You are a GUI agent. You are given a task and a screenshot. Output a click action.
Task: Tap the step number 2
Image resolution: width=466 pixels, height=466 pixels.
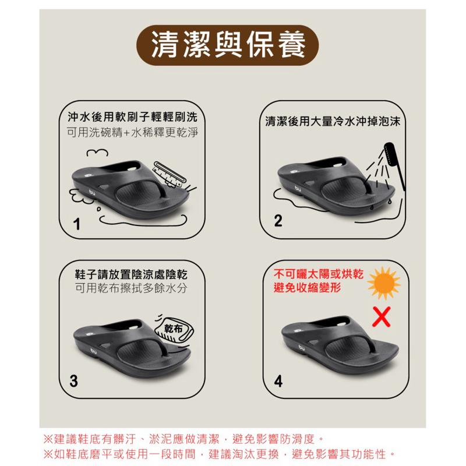pos(278,221)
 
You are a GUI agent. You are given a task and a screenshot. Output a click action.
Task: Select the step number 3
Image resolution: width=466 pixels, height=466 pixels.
pos(73,381)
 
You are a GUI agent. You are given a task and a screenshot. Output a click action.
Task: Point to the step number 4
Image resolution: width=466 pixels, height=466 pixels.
pos(278,382)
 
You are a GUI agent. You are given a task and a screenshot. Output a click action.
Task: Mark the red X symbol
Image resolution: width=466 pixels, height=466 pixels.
pos(382,317)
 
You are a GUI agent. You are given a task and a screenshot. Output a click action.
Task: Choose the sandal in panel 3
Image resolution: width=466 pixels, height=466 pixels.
pos(131,347)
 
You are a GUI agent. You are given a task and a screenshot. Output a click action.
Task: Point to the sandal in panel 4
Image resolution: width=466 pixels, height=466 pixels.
pos(338,346)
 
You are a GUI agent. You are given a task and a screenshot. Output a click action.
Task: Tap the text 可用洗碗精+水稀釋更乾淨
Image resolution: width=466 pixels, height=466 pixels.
pos(132,132)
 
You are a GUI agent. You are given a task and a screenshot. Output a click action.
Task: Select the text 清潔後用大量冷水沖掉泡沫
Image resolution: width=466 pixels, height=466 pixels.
pos(333,122)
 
